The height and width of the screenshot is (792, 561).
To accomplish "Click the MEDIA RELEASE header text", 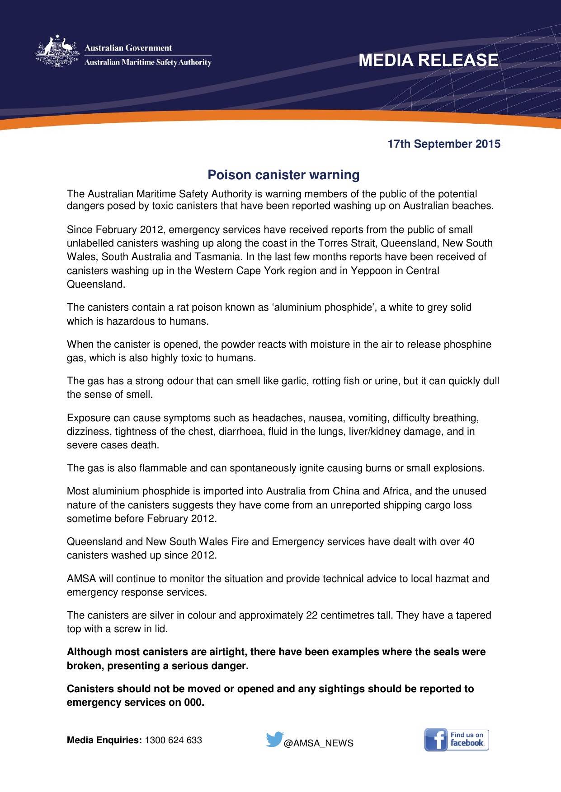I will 428,60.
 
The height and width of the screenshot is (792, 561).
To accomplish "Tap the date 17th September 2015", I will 444,144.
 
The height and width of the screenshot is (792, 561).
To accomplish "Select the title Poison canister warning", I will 283,175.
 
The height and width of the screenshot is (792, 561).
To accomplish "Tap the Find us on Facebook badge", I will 457,740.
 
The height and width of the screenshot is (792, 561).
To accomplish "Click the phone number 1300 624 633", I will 173,740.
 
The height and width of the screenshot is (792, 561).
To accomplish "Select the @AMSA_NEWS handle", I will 318,743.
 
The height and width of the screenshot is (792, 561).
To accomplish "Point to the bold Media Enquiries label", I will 104,740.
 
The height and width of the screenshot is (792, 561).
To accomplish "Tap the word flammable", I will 163,468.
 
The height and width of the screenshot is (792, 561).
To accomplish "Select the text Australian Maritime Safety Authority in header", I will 148,62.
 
